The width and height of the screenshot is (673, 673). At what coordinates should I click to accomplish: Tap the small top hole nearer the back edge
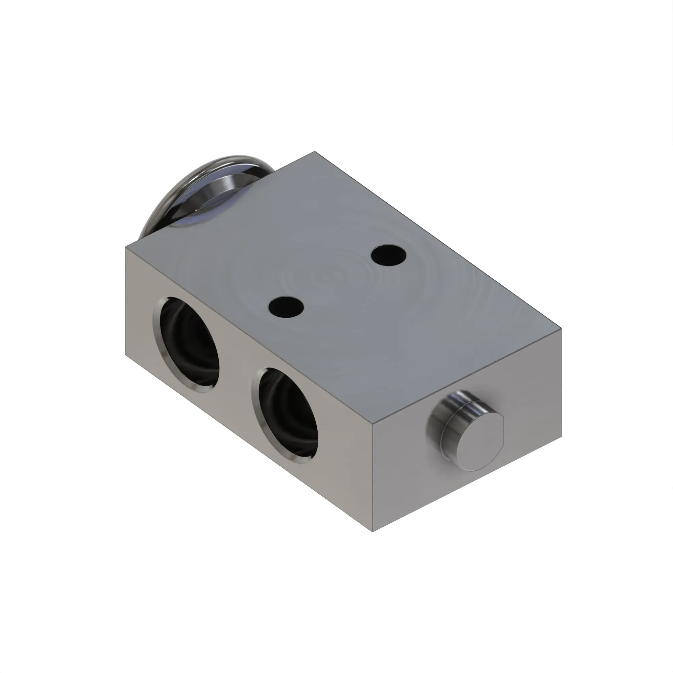point(388,255)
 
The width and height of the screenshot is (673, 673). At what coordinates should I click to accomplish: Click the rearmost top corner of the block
point(315,151)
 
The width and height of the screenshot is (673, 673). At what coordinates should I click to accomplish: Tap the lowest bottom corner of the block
point(373,532)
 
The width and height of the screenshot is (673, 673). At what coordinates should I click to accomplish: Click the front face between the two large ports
point(237,373)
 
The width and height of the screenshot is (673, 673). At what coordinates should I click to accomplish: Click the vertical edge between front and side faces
point(373,477)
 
